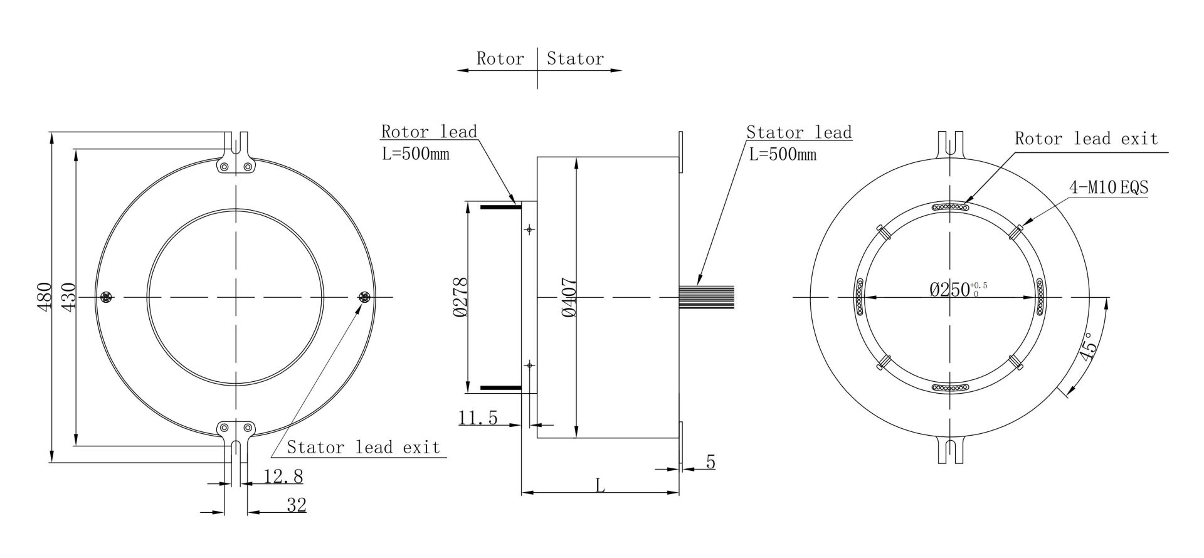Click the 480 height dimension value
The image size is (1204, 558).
[43, 297]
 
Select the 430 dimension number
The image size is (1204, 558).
[68, 297]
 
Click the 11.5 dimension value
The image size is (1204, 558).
[478, 417]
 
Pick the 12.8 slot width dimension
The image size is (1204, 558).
[283, 476]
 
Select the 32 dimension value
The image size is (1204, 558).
[296, 505]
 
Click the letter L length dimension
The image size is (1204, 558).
[600, 485]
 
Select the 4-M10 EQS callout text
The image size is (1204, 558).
[1109, 187]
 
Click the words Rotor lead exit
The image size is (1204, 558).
[1086, 139]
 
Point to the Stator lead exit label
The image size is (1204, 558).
[363, 447]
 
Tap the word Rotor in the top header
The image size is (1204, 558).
[500, 59]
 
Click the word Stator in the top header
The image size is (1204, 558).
[575, 59]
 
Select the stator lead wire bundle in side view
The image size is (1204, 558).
[707, 296]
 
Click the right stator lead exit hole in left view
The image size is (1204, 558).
[364, 297]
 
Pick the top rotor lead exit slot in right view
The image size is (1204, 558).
[951, 206]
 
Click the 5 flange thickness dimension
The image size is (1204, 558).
[710, 463]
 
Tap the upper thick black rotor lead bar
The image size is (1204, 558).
[498, 206]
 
